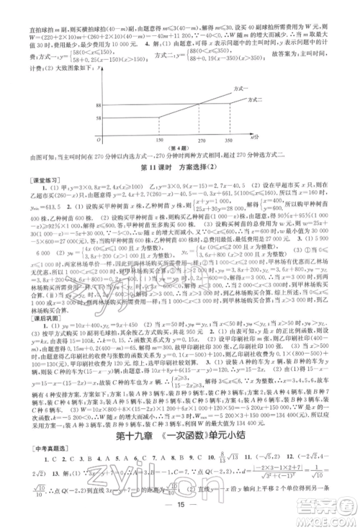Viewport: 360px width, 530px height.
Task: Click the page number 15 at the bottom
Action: (x=179, y=512)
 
